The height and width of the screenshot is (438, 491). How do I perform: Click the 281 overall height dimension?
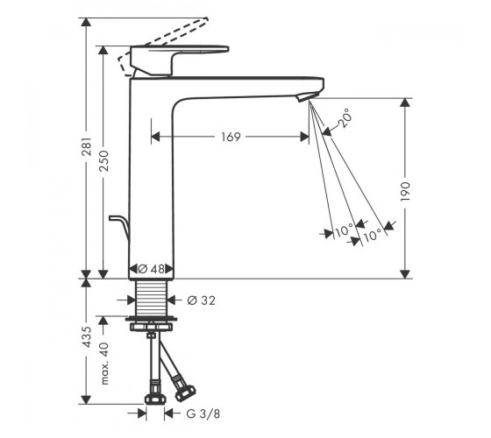(87, 146)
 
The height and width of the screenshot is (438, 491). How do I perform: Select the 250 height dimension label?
(103, 160)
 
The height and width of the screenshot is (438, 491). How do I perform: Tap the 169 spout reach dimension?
(231, 137)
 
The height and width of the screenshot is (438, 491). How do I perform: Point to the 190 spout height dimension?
(405, 191)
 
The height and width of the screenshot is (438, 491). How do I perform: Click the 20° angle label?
(345, 118)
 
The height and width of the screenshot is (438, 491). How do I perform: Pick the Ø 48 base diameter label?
(151, 269)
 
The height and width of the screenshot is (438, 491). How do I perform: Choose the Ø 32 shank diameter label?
(202, 300)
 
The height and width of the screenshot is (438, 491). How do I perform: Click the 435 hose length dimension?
(87, 336)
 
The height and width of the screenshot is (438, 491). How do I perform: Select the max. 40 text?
(104, 364)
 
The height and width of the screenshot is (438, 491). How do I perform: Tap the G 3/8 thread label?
(203, 413)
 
